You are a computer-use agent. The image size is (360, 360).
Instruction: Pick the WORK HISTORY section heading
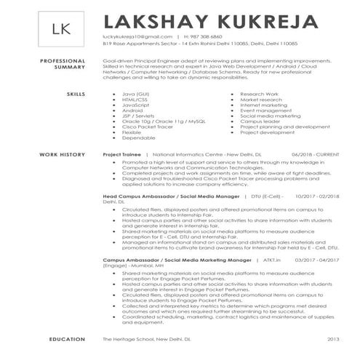[x=60, y=155]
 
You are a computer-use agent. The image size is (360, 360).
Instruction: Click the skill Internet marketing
[x=265, y=105]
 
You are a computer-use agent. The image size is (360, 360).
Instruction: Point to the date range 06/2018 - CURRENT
[x=315, y=155]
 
